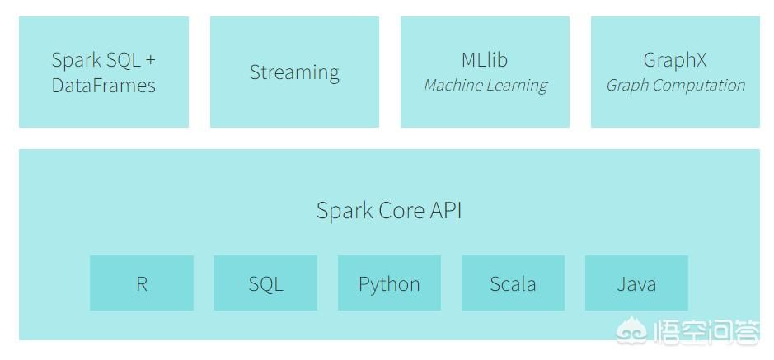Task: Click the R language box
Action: point(142,283)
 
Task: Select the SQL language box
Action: point(265,283)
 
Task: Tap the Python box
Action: point(389,283)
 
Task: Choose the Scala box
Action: point(513,283)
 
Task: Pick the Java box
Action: point(636,283)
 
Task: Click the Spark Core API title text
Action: point(389,211)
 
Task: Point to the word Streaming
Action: point(295,73)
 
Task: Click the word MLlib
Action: point(485,59)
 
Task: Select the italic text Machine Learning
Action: point(486,86)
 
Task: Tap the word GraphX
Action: point(675,60)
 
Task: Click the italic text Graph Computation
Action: point(676,86)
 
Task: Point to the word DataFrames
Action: point(104,86)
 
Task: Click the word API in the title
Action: point(446,211)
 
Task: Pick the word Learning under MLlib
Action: point(517,86)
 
